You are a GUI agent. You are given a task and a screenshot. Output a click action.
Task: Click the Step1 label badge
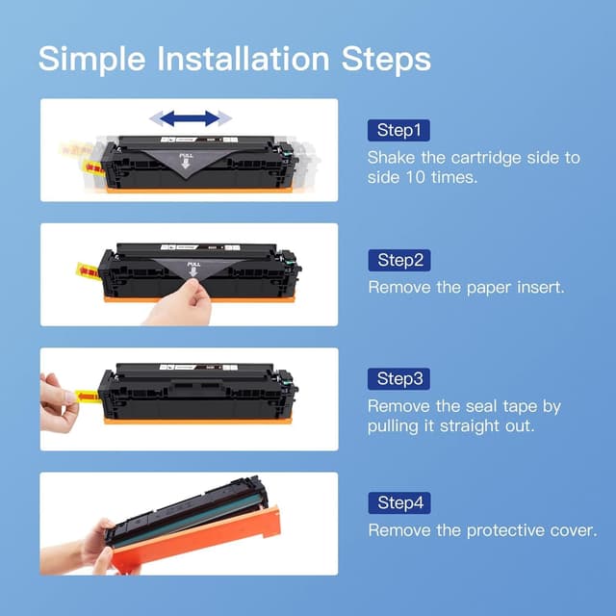[x=398, y=130]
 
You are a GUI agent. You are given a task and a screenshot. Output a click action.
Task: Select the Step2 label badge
[x=398, y=260]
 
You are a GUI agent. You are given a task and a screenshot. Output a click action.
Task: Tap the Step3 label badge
[x=398, y=378]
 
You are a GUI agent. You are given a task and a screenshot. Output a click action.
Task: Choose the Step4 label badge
[x=398, y=503]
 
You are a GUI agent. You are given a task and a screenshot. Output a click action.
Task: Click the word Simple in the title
[x=92, y=59]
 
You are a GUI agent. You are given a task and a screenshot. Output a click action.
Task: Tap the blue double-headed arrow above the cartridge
[x=191, y=118]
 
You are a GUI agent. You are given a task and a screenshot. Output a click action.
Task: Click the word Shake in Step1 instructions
[x=392, y=157]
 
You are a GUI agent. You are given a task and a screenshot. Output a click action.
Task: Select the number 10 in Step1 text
[x=416, y=178]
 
